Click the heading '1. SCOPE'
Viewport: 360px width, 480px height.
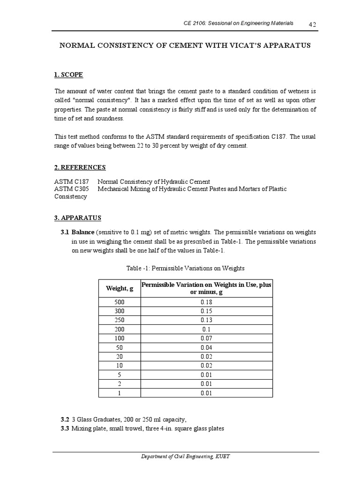coord(69,75)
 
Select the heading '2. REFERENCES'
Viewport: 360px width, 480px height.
coord(80,167)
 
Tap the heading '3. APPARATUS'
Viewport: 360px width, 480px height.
coord(78,218)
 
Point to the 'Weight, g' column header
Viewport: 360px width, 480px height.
coord(120,288)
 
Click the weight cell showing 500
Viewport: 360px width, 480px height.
coord(120,302)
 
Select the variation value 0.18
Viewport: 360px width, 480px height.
coord(207,302)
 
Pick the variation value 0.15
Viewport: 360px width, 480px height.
coord(207,311)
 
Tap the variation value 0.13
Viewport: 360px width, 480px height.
coord(207,320)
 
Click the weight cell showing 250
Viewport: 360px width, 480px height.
coord(120,320)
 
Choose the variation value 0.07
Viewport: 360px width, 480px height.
coord(207,338)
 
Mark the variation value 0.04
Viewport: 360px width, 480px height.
coord(207,347)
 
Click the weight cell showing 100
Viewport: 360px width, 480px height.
coord(120,338)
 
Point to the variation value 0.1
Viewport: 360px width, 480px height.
coord(207,329)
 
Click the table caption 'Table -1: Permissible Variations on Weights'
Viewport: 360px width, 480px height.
coord(186,268)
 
